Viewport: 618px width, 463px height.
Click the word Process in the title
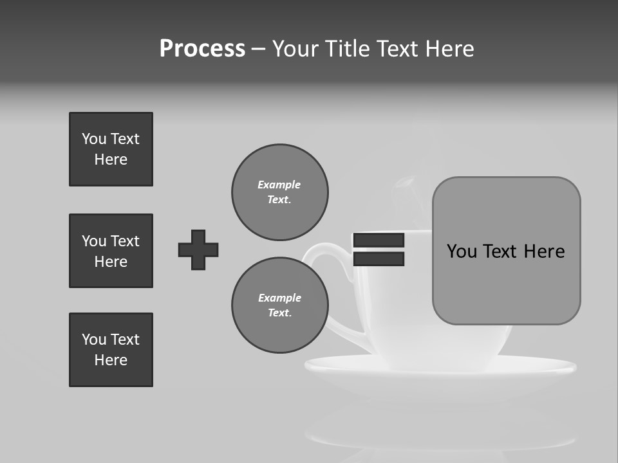[x=202, y=49]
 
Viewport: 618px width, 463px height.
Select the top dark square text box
[x=111, y=149]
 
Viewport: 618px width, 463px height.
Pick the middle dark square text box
[x=111, y=251]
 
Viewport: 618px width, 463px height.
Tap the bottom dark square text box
[x=111, y=350]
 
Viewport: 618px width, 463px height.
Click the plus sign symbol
[x=198, y=250]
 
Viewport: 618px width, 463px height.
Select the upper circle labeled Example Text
[x=280, y=192]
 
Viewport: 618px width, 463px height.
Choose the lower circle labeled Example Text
[x=280, y=305]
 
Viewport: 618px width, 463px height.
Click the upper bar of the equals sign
[x=379, y=241]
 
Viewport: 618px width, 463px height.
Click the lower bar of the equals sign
[x=379, y=259]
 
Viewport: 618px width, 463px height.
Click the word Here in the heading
[x=449, y=49]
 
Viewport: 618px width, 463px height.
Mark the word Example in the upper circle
[x=279, y=185]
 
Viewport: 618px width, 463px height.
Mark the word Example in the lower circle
[x=279, y=298]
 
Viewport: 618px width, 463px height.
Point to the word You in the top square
[x=93, y=139]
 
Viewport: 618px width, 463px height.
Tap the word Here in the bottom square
[x=111, y=360]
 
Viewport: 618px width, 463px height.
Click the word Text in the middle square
[x=124, y=241]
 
